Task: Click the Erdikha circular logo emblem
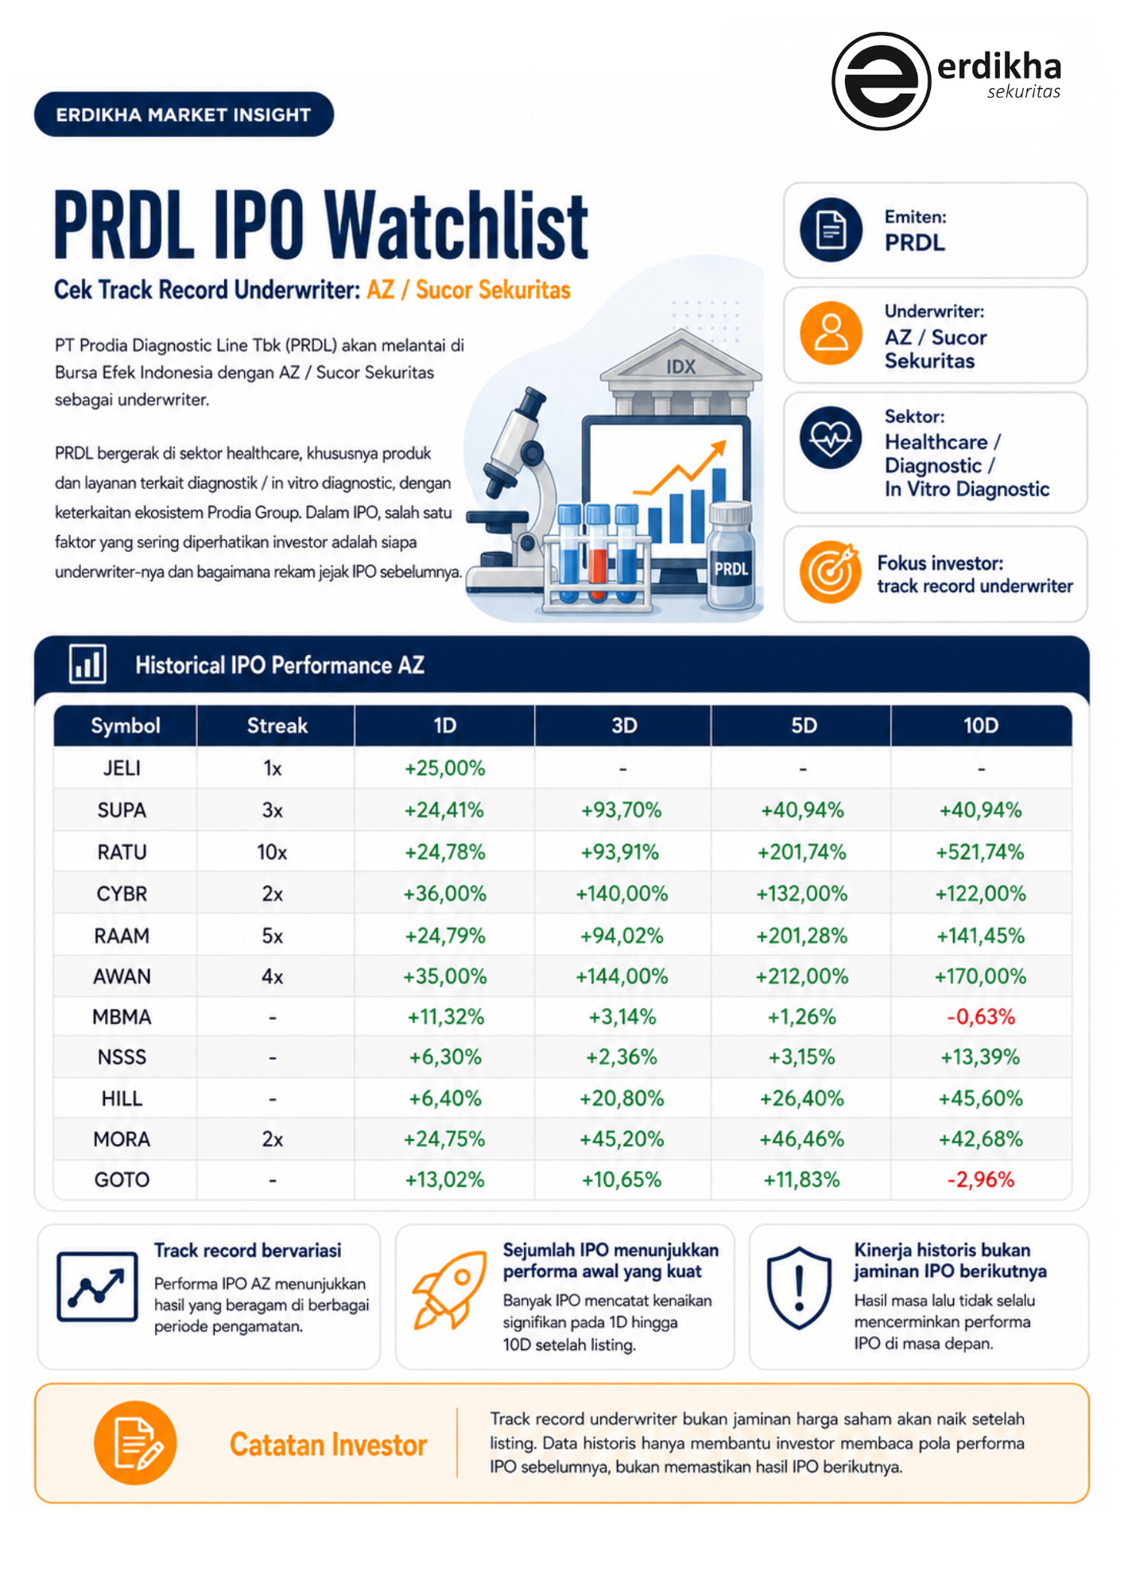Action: [881, 81]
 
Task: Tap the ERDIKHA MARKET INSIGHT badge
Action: [184, 114]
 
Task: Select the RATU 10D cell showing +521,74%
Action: [980, 852]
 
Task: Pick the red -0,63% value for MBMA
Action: [980, 1017]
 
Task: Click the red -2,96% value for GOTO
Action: [980, 1180]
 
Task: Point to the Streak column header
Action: [277, 726]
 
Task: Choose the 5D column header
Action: [804, 726]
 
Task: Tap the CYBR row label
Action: [122, 894]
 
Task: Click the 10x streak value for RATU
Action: [272, 852]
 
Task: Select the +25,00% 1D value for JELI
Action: [444, 768]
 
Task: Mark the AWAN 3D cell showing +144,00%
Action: [622, 976]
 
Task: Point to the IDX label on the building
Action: [681, 366]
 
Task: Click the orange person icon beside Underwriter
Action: [831, 333]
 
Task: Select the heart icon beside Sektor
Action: [831, 437]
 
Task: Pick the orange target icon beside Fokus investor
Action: [831, 572]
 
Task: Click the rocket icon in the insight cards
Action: [450, 1289]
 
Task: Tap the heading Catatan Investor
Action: [328, 1445]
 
